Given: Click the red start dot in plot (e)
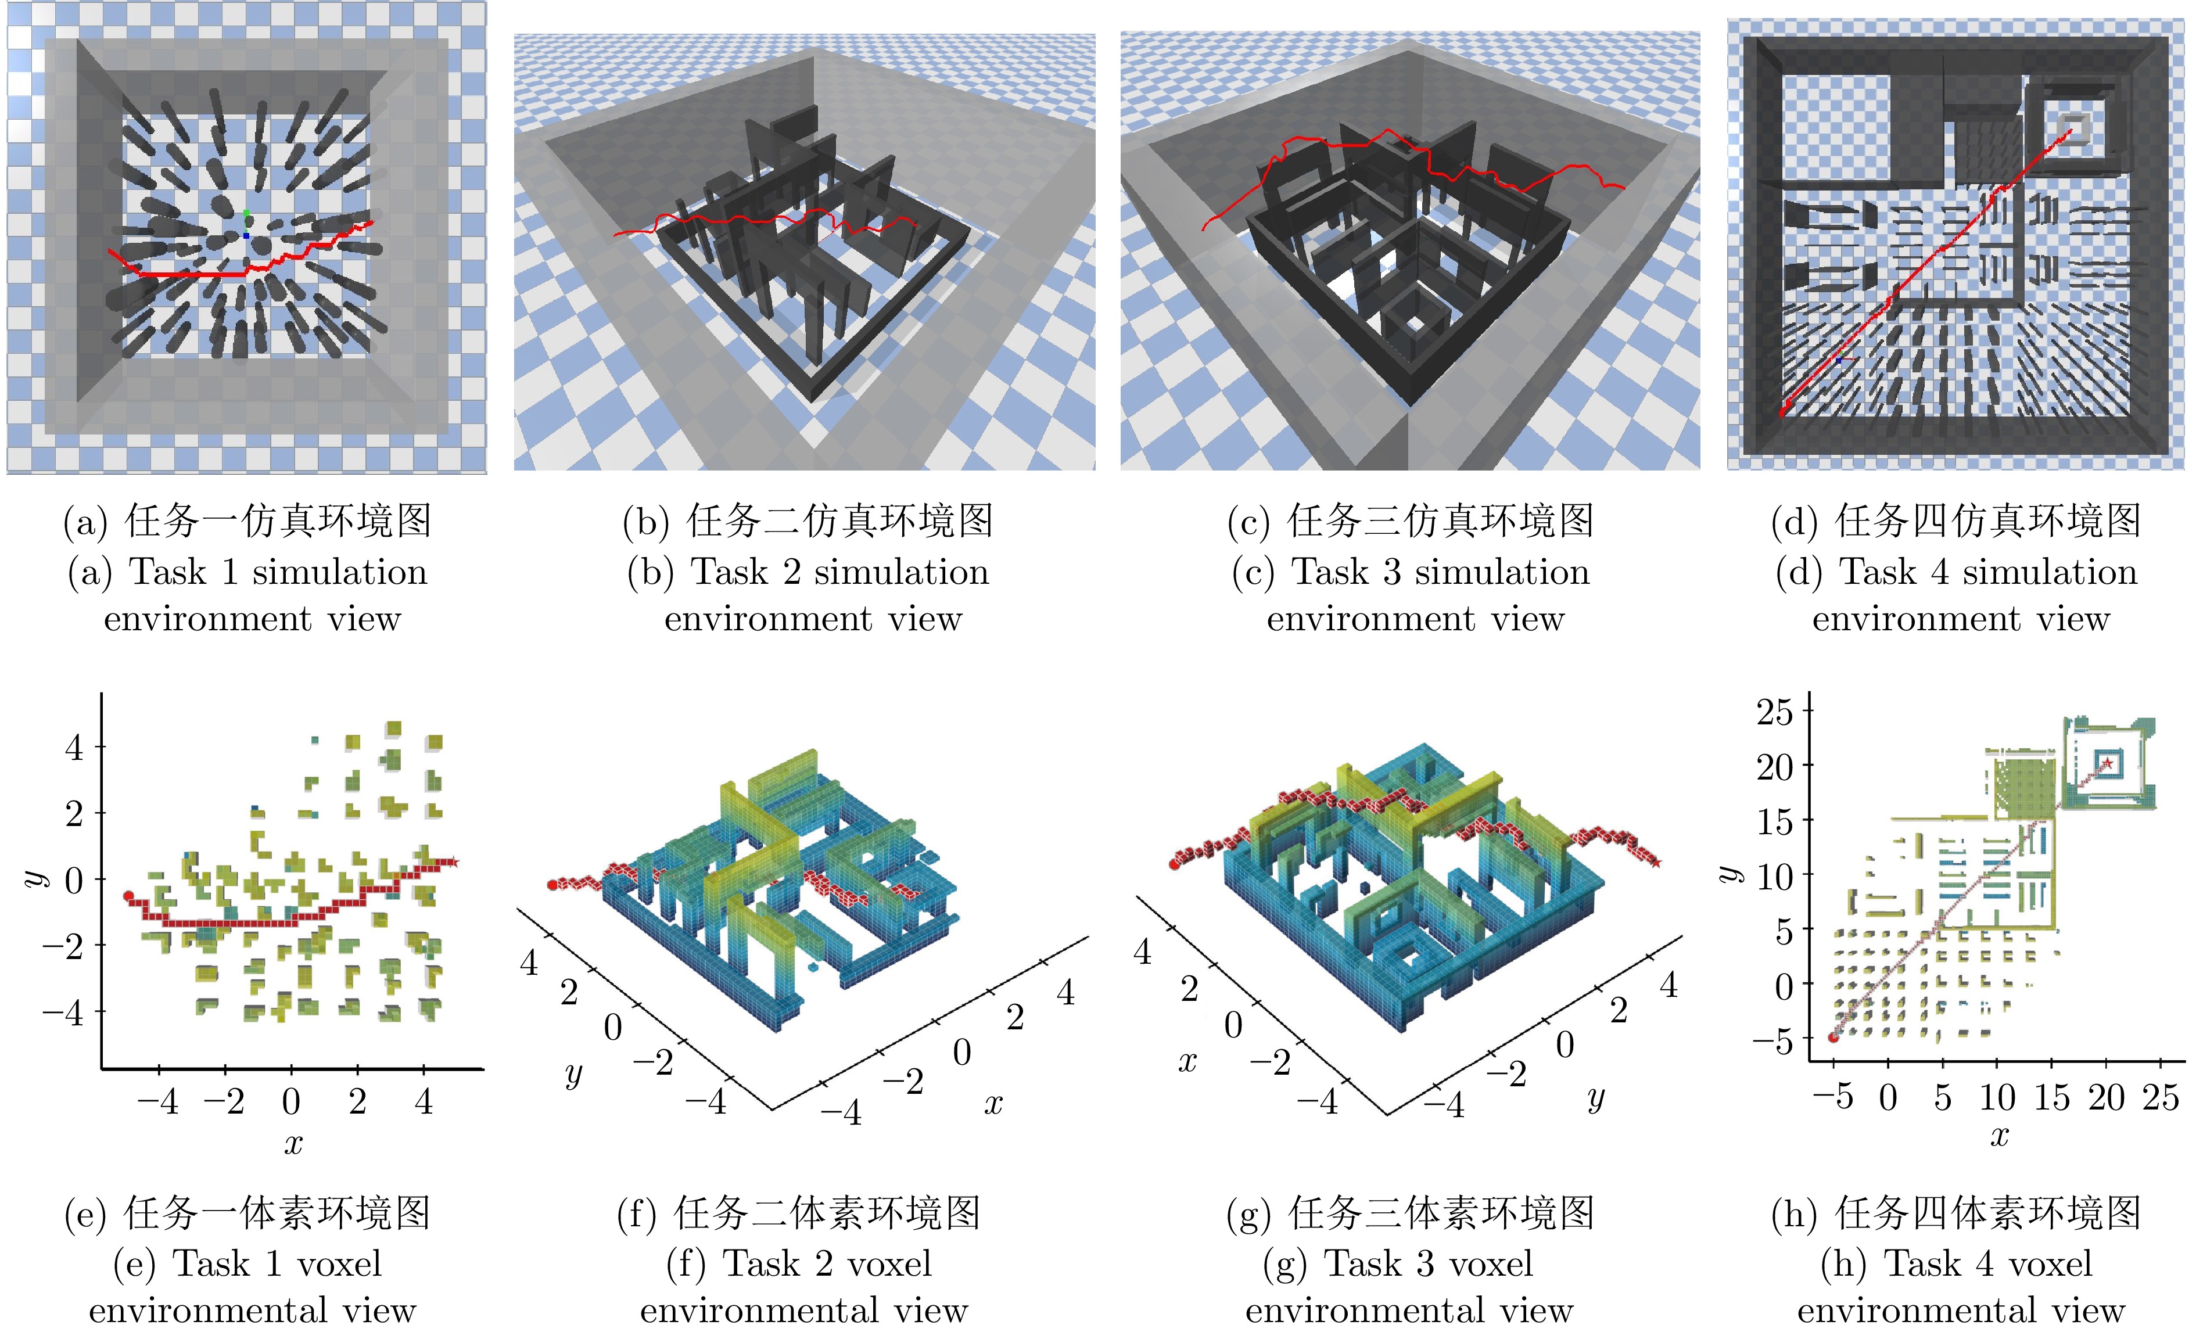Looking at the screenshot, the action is pyautogui.click(x=128, y=895).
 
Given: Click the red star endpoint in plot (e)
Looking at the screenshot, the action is pyautogui.click(x=454, y=861).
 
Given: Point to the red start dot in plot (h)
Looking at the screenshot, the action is pyautogui.click(x=1833, y=1037).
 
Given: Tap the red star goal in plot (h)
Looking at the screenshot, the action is pyautogui.click(x=2108, y=763).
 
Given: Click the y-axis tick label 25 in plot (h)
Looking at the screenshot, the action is pyautogui.click(x=1774, y=712).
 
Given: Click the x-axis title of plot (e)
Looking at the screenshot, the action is pyautogui.click(x=293, y=1143).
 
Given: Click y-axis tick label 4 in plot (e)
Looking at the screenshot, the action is pyautogui.click(x=74, y=748).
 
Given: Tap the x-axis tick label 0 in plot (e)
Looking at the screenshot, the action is pyautogui.click(x=292, y=1102).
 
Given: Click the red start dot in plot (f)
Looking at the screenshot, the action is pyautogui.click(x=552, y=885).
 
